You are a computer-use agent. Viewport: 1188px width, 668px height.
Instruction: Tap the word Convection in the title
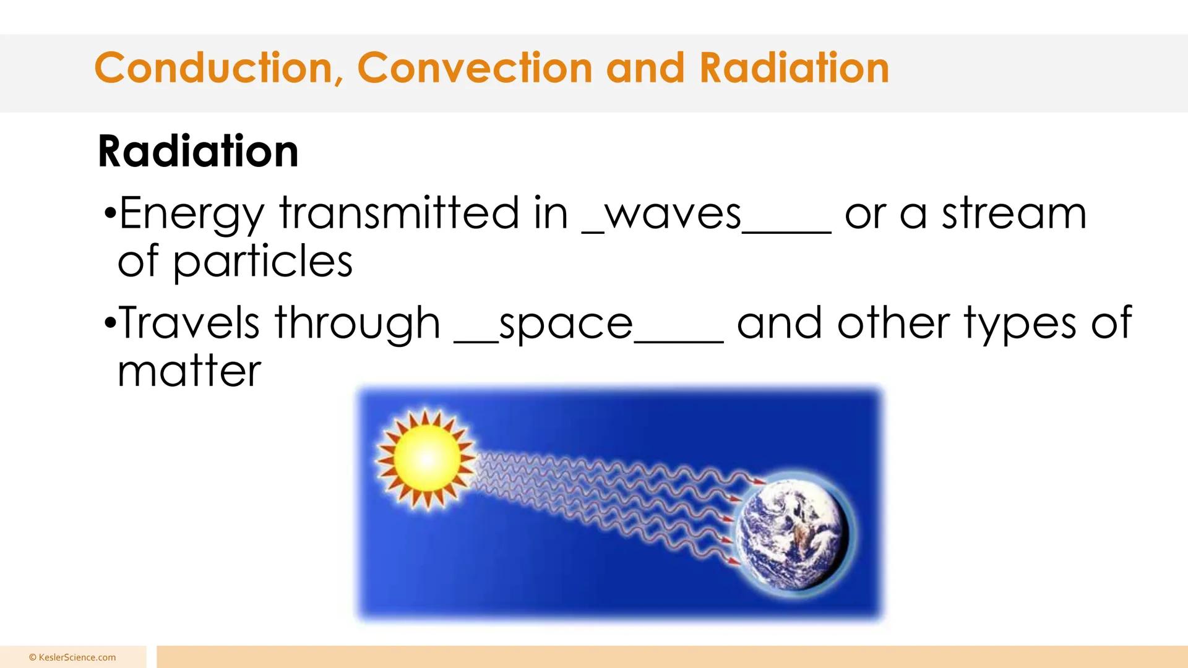point(475,67)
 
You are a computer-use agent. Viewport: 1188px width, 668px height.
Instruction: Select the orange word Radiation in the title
point(794,67)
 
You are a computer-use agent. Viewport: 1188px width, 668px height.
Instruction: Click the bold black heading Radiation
point(198,151)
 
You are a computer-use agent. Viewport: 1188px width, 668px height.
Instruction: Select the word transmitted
point(398,213)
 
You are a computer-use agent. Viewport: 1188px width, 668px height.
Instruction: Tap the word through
point(357,325)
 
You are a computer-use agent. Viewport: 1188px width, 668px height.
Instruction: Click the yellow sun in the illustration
point(427,459)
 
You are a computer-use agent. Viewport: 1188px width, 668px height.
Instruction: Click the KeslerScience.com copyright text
point(72,657)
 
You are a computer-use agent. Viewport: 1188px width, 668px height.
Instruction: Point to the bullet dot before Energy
point(110,214)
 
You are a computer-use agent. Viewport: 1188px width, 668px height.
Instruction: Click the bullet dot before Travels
point(110,323)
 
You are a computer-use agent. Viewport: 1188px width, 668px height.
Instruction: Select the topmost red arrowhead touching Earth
point(759,481)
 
